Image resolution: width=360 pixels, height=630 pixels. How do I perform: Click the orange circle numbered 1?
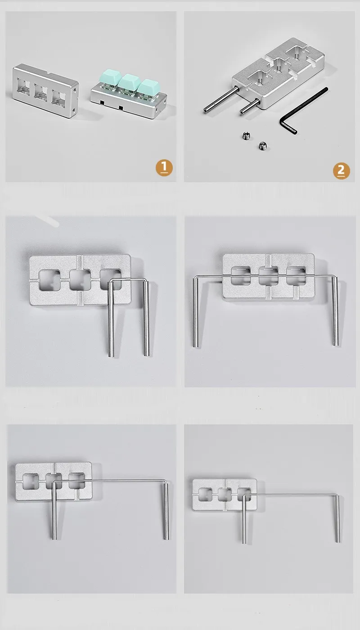[x=164, y=168]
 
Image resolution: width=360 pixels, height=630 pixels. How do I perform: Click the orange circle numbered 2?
[x=342, y=171]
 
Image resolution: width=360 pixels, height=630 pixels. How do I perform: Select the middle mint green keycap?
[x=129, y=81]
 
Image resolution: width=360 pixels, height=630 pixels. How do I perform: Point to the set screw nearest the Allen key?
[x=263, y=145]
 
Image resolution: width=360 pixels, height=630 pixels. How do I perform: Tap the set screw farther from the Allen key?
[x=246, y=136]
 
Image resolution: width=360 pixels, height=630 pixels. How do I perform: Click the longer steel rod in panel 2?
[x=221, y=99]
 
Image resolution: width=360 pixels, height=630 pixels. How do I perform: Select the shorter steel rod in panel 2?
[x=250, y=107]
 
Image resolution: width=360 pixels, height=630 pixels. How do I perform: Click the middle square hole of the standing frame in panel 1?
[x=42, y=93]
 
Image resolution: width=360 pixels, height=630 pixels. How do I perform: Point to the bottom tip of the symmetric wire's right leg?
[x=336, y=345]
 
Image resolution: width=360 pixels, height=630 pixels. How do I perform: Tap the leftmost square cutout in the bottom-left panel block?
[x=31, y=481]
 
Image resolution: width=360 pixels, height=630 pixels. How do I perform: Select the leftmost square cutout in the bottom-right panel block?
[x=205, y=495]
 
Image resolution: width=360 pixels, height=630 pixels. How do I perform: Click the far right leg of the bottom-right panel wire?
[x=338, y=518]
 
